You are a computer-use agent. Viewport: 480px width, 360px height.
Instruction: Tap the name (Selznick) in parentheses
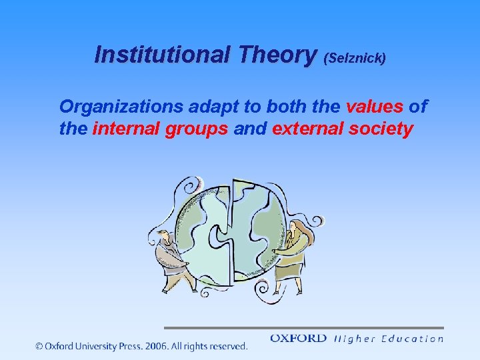click(x=354, y=58)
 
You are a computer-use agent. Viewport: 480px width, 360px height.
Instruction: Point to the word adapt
click(x=224, y=107)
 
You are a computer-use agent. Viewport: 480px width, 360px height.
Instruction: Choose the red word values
click(x=375, y=107)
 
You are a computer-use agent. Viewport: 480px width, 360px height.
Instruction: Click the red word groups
click(x=196, y=129)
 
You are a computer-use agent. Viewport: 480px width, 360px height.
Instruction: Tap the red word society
click(x=380, y=129)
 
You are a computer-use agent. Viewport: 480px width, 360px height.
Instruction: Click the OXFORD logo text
click(x=298, y=339)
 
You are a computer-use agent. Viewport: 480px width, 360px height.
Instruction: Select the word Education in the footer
click(x=413, y=339)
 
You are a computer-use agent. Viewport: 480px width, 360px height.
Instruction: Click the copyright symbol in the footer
click(x=39, y=346)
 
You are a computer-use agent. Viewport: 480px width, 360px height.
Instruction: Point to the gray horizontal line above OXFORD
click(x=303, y=328)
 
